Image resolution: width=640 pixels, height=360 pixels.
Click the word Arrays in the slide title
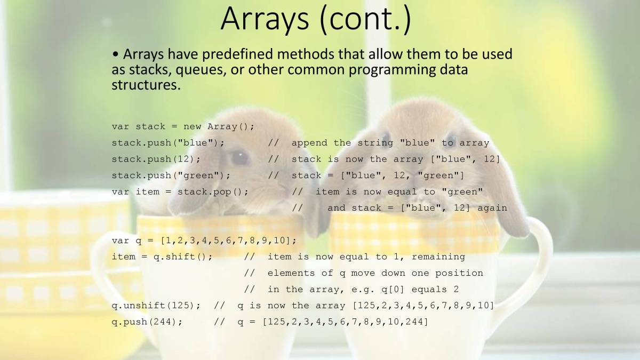point(265,19)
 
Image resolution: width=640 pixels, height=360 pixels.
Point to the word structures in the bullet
point(146,85)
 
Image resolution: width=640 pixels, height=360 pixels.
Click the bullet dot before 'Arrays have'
point(115,54)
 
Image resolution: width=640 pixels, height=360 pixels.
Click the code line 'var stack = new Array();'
point(183,126)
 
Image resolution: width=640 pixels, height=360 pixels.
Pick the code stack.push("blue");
point(168,143)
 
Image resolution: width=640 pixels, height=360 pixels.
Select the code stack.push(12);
point(156,159)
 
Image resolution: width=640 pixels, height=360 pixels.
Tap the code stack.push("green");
point(171,175)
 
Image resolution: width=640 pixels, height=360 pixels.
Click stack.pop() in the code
point(210,191)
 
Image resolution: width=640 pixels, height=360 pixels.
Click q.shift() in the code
point(180,257)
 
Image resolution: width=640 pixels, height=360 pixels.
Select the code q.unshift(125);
point(156,306)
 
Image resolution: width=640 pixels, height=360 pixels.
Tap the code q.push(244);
point(147,322)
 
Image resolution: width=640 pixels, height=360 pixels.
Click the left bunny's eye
point(239,157)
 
